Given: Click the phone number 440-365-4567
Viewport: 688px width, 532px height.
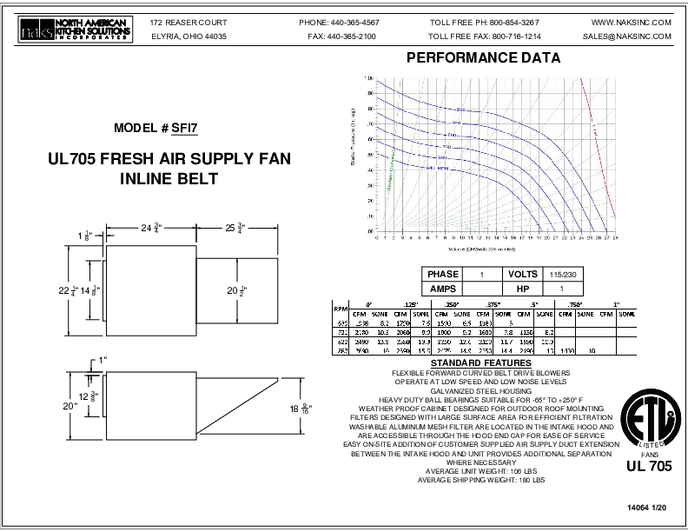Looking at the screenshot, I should [351, 21].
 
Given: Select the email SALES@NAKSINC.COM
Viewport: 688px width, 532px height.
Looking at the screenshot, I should [627, 37].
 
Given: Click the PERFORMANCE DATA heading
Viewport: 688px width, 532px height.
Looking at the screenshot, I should [483, 59].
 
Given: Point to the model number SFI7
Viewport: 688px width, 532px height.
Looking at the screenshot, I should [184, 128].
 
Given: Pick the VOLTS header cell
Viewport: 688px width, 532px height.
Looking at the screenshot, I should [523, 274].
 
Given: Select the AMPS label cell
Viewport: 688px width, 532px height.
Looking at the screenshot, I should [440, 289].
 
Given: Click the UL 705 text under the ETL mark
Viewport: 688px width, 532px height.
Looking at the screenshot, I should [648, 466].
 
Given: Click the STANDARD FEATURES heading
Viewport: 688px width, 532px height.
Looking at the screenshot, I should [473, 362].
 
